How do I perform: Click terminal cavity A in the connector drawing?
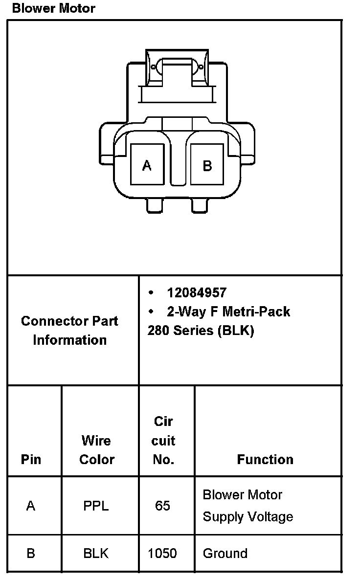(x=147, y=165)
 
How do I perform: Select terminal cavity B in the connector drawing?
(x=207, y=165)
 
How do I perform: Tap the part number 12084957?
(x=197, y=293)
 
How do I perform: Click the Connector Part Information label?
(x=69, y=331)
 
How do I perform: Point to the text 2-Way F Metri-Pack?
(x=228, y=312)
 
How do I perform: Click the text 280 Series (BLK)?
(x=201, y=331)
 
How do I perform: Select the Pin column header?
(x=31, y=460)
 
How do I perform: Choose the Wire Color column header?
(x=96, y=450)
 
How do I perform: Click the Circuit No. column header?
(x=163, y=440)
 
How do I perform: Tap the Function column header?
(x=265, y=460)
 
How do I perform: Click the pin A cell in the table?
(x=31, y=506)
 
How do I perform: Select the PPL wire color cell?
(x=96, y=506)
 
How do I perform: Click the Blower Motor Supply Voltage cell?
(x=247, y=506)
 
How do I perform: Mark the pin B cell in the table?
(x=31, y=554)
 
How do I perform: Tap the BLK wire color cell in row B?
(x=96, y=554)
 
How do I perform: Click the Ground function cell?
(x=225, y=554)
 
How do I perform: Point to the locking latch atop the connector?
(x=177, y=73)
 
